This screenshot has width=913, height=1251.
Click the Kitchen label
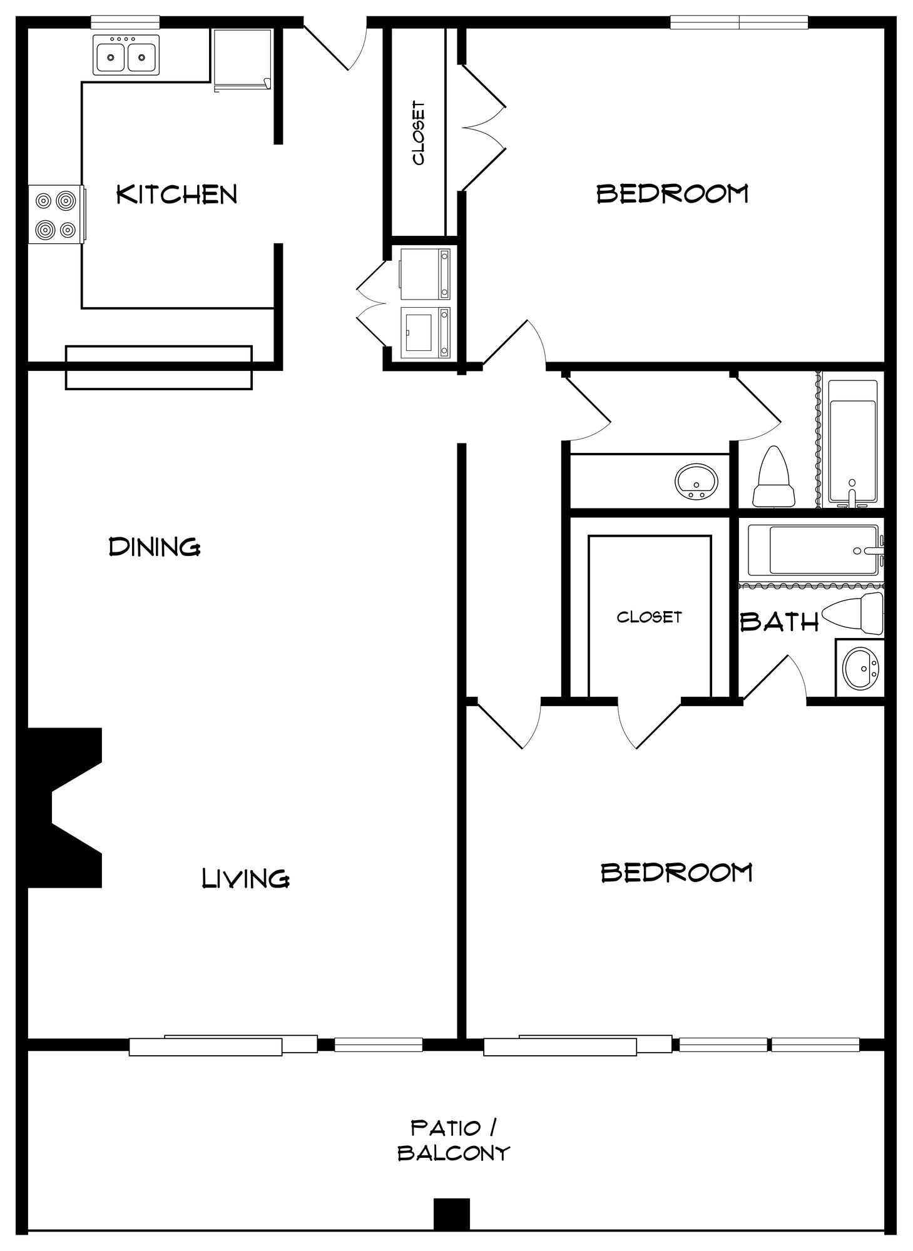[177, 194]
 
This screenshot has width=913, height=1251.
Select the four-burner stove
[56, 215]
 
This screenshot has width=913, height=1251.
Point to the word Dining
[155, 547]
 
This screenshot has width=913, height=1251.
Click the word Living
[245, 878]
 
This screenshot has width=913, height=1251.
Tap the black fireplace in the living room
[63, 807]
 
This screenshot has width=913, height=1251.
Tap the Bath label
[780, 622]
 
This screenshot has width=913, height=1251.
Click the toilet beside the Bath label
[854, 613]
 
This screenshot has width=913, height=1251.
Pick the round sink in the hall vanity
[696, 482]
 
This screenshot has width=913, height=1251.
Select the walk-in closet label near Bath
[649, 617]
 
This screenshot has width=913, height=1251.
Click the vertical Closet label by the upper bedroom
[419, 133]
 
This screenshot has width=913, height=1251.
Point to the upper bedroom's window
[739, 23]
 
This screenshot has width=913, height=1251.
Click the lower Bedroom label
[676, 872]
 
